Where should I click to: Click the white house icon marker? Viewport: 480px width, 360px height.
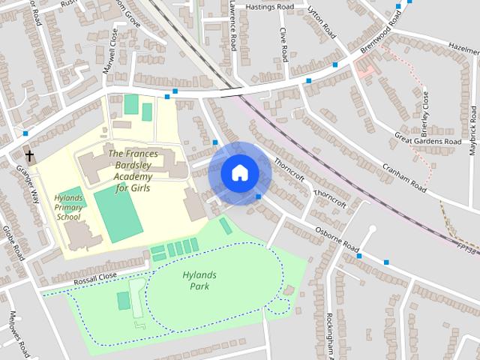[x=239, y=173]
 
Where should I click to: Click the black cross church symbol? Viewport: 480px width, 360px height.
[x=30, y=157]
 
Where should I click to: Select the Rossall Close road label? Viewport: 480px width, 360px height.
[x=95, y=280]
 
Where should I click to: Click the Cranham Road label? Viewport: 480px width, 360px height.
[x=403, y=178]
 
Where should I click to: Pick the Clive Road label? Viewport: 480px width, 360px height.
[x=283, y=45]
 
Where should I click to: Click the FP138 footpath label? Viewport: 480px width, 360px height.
[x=466, y=247]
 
